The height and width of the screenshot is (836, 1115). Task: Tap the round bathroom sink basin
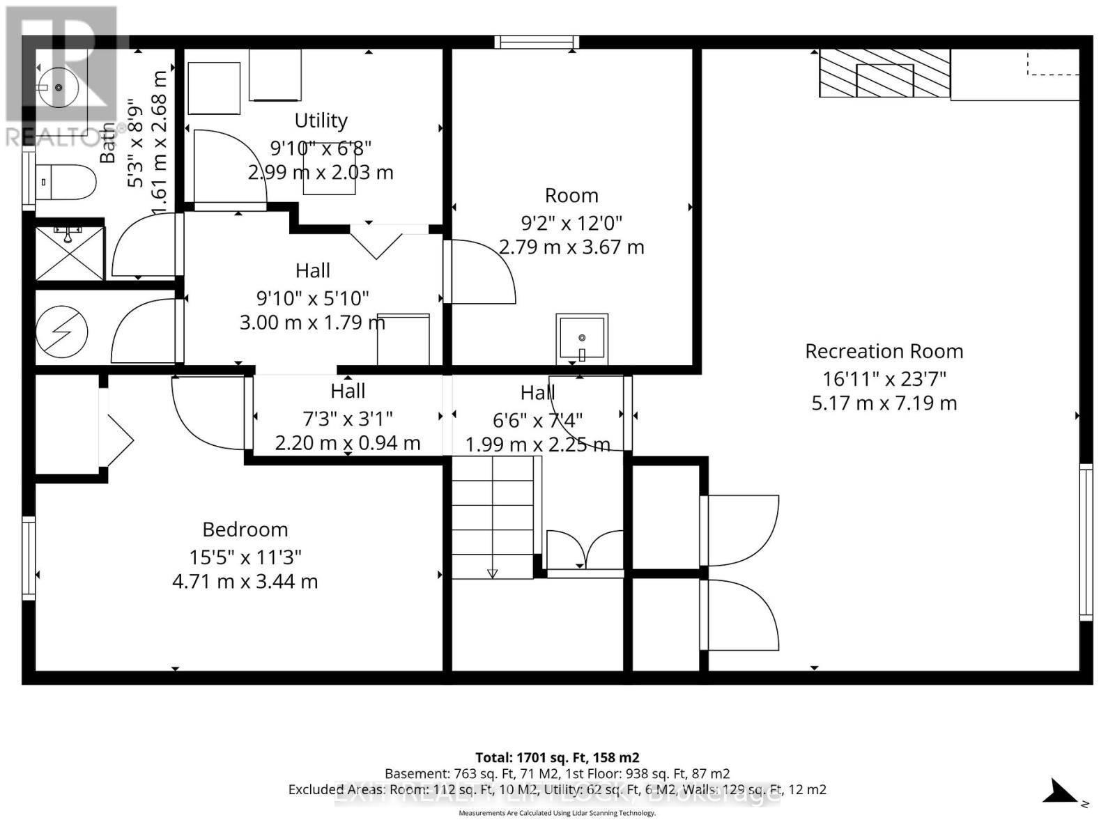(x=59, y=88)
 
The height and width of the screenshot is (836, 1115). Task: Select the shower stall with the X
(x=70, y=252)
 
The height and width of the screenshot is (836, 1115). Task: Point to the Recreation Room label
(x=884, y=351)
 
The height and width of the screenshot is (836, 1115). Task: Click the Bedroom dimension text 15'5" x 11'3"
(x=245, y=557)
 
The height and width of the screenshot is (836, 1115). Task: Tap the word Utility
(x=321, y=121)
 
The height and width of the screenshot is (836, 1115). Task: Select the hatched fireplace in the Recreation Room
(x=884, y=73)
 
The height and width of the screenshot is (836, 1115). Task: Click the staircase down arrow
(x=492, y=573)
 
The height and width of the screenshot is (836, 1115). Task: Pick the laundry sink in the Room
(x=582, y=339)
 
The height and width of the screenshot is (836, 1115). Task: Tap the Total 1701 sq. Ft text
(x=557, y=757)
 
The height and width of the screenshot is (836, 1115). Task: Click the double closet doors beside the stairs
(x=585, y=550)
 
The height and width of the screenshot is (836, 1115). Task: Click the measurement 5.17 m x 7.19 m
(x=884, y=403)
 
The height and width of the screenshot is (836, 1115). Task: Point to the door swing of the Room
(x=481, y=272)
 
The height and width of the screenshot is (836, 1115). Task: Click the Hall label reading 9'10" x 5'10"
(x=313, y=298)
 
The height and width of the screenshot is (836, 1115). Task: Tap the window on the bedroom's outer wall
(x=29, y=557)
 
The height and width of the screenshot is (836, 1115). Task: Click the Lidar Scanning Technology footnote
(x=557, y=813)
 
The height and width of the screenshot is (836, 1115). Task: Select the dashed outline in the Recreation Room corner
(x=1052, y=63)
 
